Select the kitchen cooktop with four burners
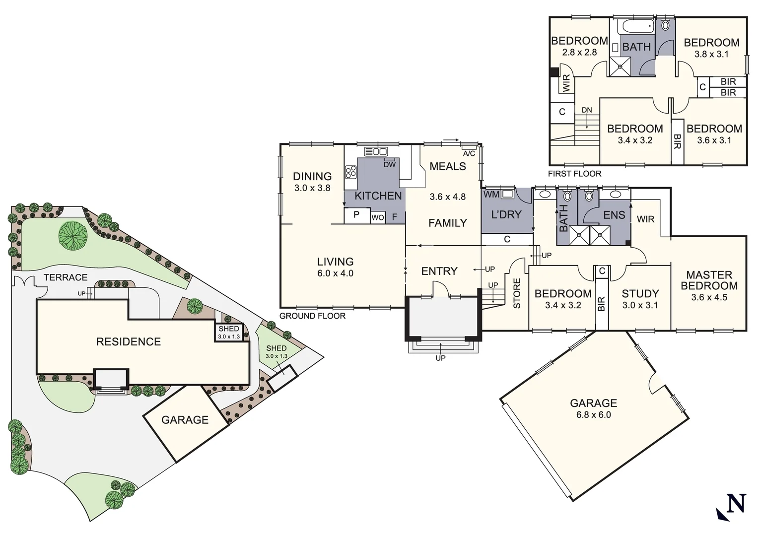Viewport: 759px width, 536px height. tap(351, 172)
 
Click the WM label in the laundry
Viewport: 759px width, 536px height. tap(491, 195)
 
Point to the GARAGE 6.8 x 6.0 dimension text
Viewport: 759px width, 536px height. tap(593, 415)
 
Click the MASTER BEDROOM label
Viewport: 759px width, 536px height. tap(709, 280)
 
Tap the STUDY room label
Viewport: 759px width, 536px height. tap(640, 293)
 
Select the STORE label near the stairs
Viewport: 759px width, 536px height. tap(517, 293)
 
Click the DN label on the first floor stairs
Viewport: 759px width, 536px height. tap(587, 110)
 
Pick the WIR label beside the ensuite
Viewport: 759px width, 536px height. tap(645, 219)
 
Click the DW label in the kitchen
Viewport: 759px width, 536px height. tap(390, 164)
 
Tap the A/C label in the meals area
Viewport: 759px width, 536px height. tap(469, 153)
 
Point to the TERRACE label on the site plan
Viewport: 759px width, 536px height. tap(66, 277)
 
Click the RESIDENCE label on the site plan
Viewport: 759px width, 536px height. tap(129, 341)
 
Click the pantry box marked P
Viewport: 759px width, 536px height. tap(356, 215)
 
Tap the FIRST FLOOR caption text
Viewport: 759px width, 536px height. tap(574, 174)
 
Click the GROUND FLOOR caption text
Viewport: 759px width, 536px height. tap(312, 316)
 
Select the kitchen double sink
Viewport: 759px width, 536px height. tap(376, 151)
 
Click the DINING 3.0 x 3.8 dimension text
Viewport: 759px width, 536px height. tap(312, 188)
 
